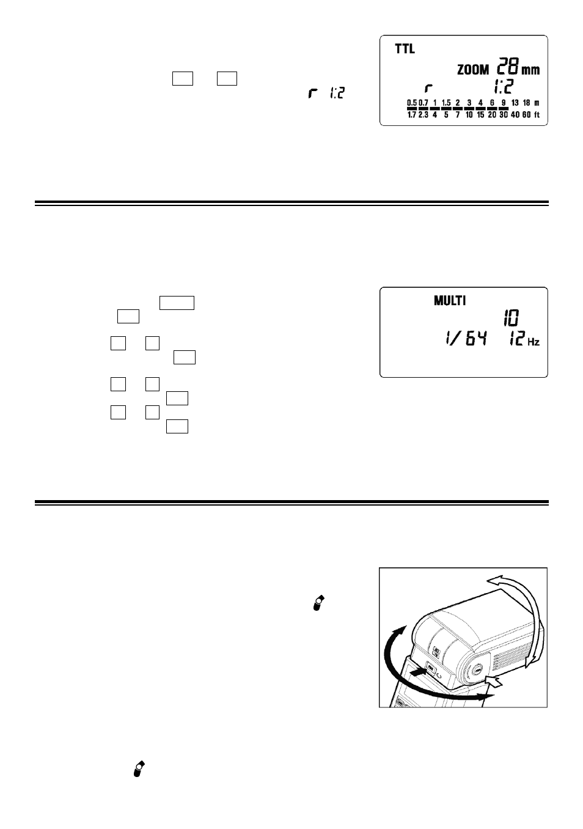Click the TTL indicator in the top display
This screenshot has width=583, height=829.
point(405,49)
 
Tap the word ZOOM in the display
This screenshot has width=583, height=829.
point(473,70)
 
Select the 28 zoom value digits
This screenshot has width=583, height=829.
point(507,66)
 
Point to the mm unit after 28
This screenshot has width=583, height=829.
point(530,70)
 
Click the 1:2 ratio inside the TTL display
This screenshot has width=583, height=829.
point(504,87)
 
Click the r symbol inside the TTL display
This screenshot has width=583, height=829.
point(428,88)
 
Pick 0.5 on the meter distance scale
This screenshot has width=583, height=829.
point(412,103)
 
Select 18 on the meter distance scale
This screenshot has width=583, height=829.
point(526,103)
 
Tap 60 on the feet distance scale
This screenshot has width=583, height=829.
point(526,115)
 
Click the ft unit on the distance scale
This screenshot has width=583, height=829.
point(537,115)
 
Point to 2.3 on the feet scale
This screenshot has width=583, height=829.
point(423,115)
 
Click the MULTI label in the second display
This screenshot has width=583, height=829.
point(450,301)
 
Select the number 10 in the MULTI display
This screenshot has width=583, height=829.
point(512,318)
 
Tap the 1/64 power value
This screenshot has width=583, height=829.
point(466,338)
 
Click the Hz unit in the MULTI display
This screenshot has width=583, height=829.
point(533,342)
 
